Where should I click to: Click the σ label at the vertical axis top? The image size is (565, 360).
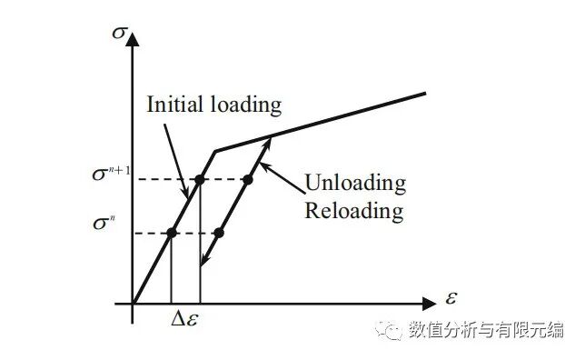click(118, 33)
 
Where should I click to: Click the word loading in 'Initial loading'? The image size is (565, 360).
click(245, 105)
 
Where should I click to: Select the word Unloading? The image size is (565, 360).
click(354, 183)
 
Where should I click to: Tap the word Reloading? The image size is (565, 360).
click(353, 212)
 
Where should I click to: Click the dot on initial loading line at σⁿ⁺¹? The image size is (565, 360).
click(200, 179)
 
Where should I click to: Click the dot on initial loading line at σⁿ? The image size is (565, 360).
click(171, 234)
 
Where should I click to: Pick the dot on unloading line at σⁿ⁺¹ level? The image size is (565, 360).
click(247, 179)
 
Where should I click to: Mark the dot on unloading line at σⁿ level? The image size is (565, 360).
click(218, 234)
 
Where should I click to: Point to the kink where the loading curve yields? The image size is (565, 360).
click(214, 151)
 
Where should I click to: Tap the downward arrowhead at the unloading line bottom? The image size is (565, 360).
click(203, 264)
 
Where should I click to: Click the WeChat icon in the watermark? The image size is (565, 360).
click(392, 330)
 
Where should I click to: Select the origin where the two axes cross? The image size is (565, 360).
click(133, 301)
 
